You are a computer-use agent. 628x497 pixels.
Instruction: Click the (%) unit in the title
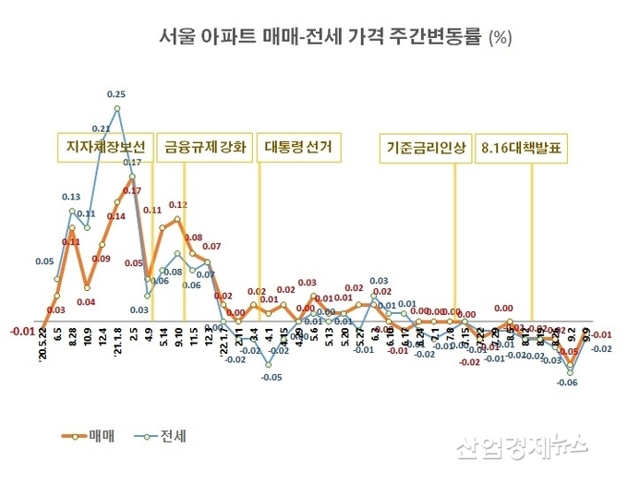(x=500, y=38)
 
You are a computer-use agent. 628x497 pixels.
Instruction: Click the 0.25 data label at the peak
(x=117, y=94)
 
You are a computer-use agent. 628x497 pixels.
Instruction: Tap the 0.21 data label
(x=102, y=128)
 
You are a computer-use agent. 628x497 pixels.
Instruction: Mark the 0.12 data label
(x=178, y=204)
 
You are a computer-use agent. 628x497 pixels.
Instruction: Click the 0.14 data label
(x=115, y=216)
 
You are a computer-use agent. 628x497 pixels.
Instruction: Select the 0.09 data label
(x=101, y=259)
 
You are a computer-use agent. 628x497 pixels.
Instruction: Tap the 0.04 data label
(x=86, y=301)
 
